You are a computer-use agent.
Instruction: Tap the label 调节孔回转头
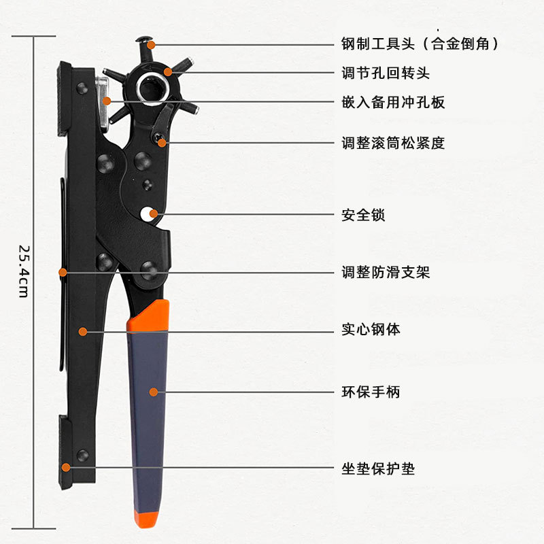point(385,73)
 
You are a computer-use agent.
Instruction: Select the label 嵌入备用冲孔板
point(393,103)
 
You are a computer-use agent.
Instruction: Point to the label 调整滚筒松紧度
point(393,143)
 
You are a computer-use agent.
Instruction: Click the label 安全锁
point(363,215)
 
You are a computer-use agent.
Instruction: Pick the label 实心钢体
point(371,330)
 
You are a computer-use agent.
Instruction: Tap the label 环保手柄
point(371,392)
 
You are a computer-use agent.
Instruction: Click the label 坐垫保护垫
point(378,469)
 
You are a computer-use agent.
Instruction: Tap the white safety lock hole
point(147,214)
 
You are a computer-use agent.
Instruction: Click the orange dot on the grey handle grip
point(154,392)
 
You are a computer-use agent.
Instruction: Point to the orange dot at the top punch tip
point(151,45)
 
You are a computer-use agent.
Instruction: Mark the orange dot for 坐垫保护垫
point(66,467)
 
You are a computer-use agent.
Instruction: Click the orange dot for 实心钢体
point(83,331)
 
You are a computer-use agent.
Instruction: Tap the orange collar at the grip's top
point(148,317)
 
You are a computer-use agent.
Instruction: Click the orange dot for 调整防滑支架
point(63,272)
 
